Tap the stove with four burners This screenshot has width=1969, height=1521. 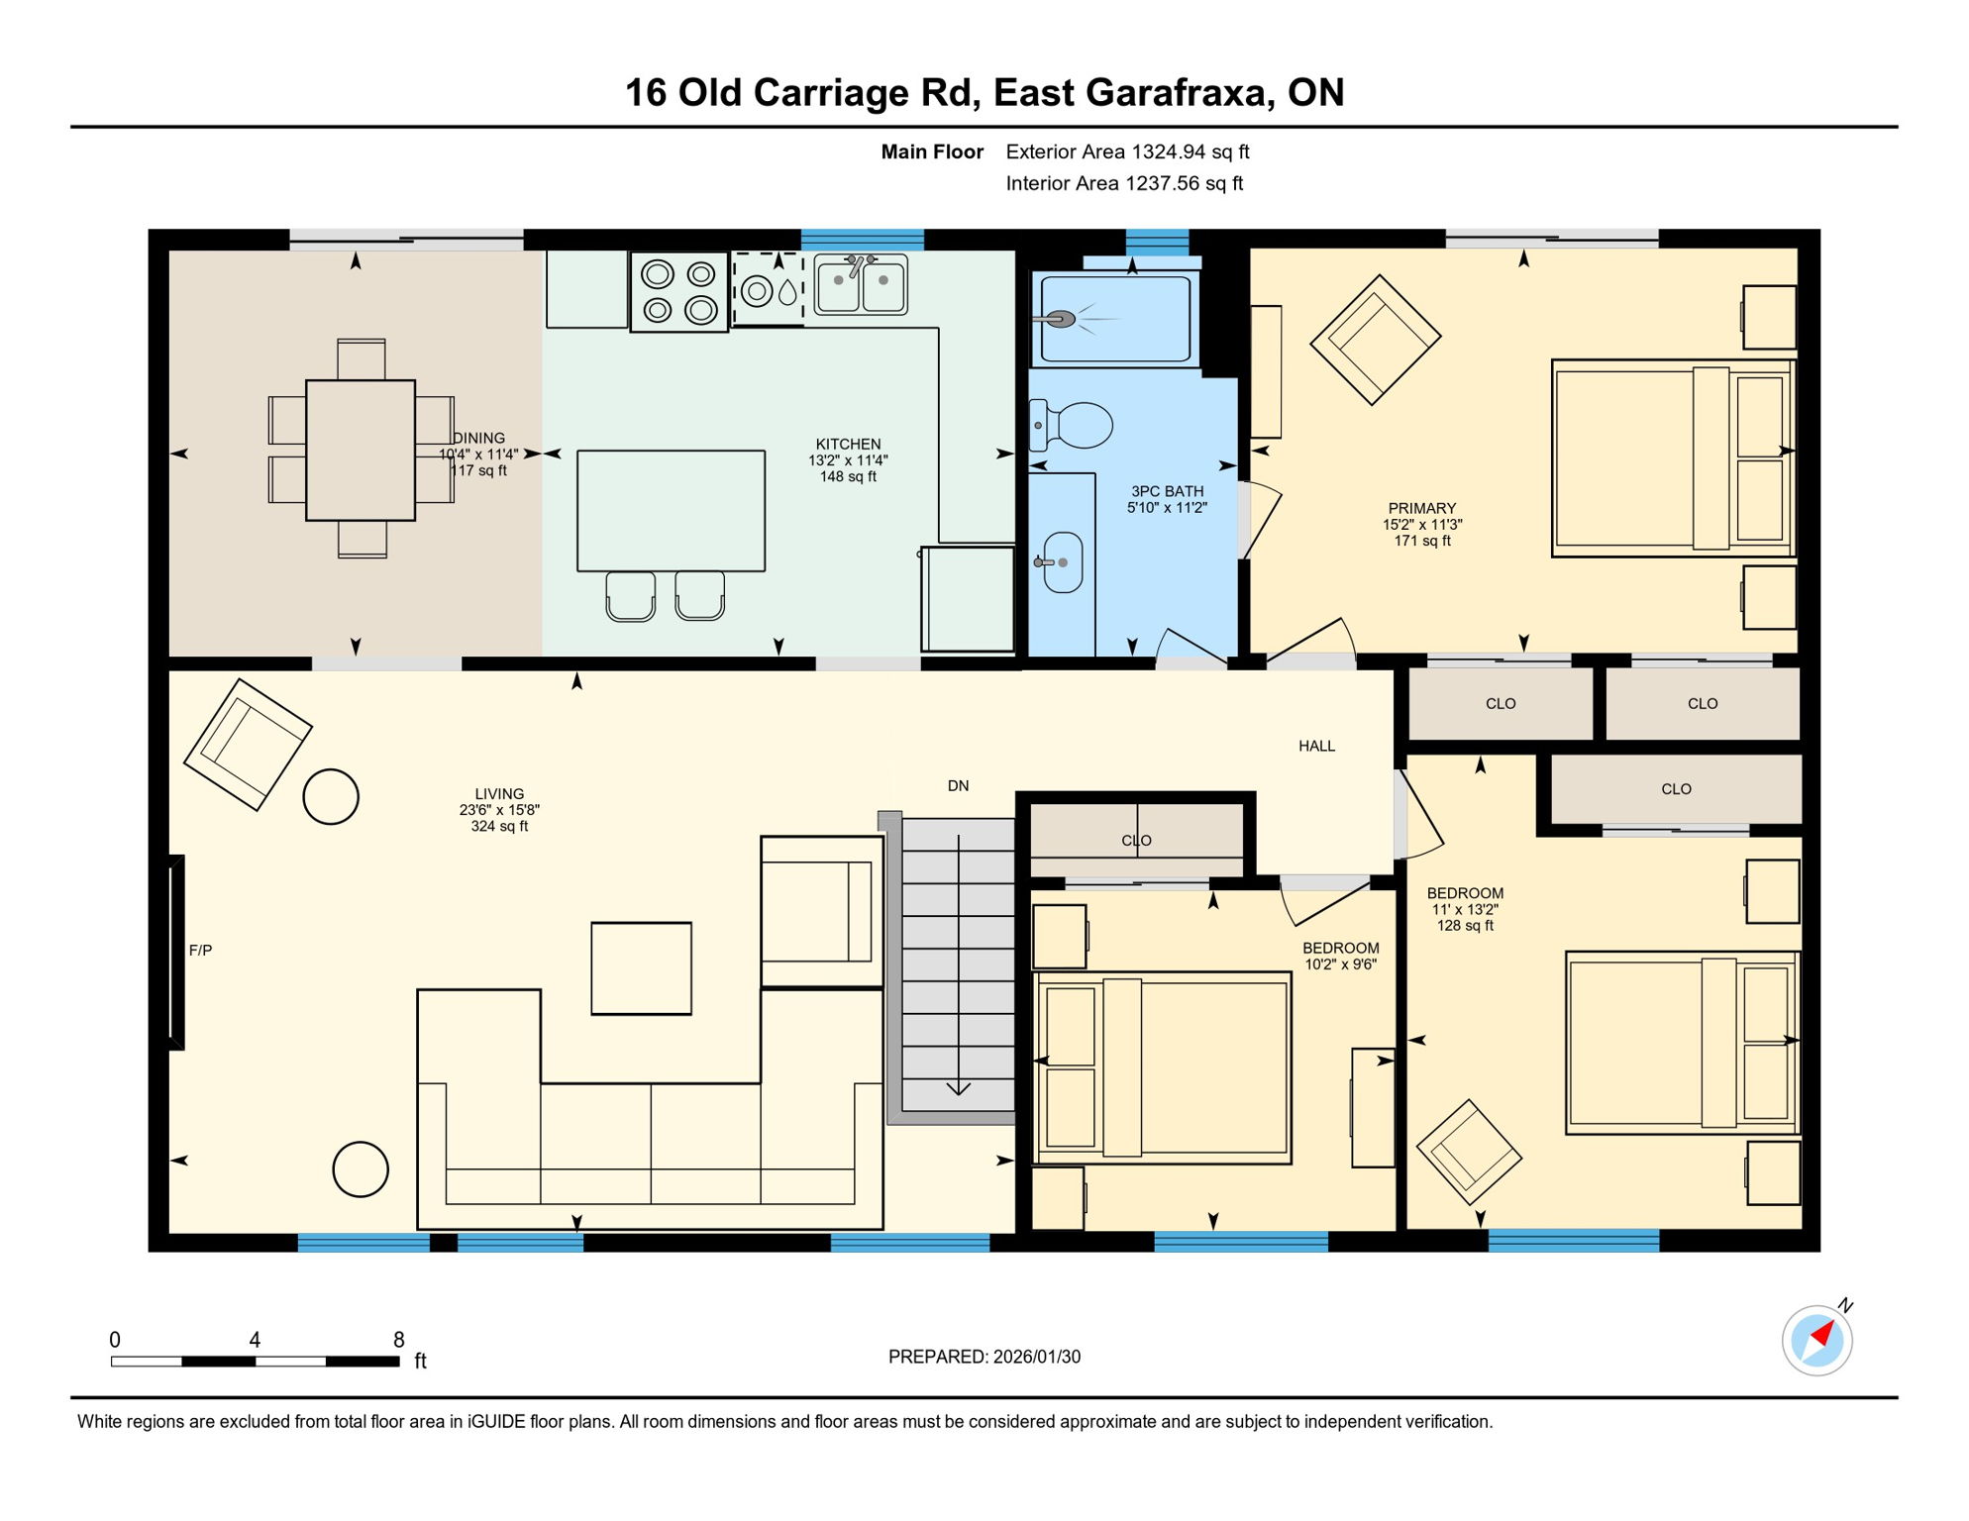click(x=679, y=292)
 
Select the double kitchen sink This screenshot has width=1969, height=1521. click(x=861, y=286)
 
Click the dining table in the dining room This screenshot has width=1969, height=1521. click(x=361, y=451)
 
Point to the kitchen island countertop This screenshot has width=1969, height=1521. click(x=671, y=511)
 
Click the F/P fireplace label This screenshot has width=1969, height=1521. click(x=200, y=951)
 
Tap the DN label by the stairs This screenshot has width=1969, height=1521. click(x=958, y=786)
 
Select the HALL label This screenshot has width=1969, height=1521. click(x=1316, y=747)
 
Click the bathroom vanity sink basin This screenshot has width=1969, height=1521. click(x=1063, y=562)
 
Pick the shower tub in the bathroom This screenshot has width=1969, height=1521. click(x=1115, y=320)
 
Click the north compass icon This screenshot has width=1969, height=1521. click(x=1816, y=1341)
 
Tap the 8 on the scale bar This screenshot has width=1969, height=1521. click(x=399, y=1340)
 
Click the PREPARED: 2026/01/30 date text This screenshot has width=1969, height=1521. click(x=984, y=1358)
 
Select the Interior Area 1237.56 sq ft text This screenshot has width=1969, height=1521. click(x=1123, y=184)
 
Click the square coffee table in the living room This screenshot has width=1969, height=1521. click(x=641, y=968)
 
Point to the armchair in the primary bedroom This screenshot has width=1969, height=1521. click(x=1374, y=341)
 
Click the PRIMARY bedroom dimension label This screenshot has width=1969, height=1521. click(x=1422, y=525)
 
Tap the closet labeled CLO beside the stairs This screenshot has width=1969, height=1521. click(x=1136, y=840)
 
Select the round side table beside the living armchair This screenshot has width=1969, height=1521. click(x=331, y=797)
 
